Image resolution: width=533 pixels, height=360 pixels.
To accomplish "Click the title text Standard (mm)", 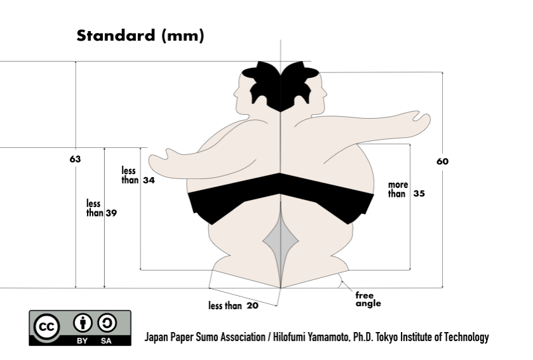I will click(x=140, y=36).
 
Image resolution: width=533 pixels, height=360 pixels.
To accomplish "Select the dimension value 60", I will click(x=442, y=161).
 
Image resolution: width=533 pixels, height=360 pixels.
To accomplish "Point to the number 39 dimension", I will click(x=111, y=213).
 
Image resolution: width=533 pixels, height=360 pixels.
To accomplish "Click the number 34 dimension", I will click(x=150, y=180).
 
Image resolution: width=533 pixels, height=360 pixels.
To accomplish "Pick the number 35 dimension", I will click(x=419, y=194).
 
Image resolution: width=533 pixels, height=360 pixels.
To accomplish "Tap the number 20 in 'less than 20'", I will click(x=252, y=306).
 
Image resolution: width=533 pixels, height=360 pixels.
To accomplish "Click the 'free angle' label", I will click(x=368, y=298).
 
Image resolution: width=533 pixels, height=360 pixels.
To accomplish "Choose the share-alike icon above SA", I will click(x=108, y=323).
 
